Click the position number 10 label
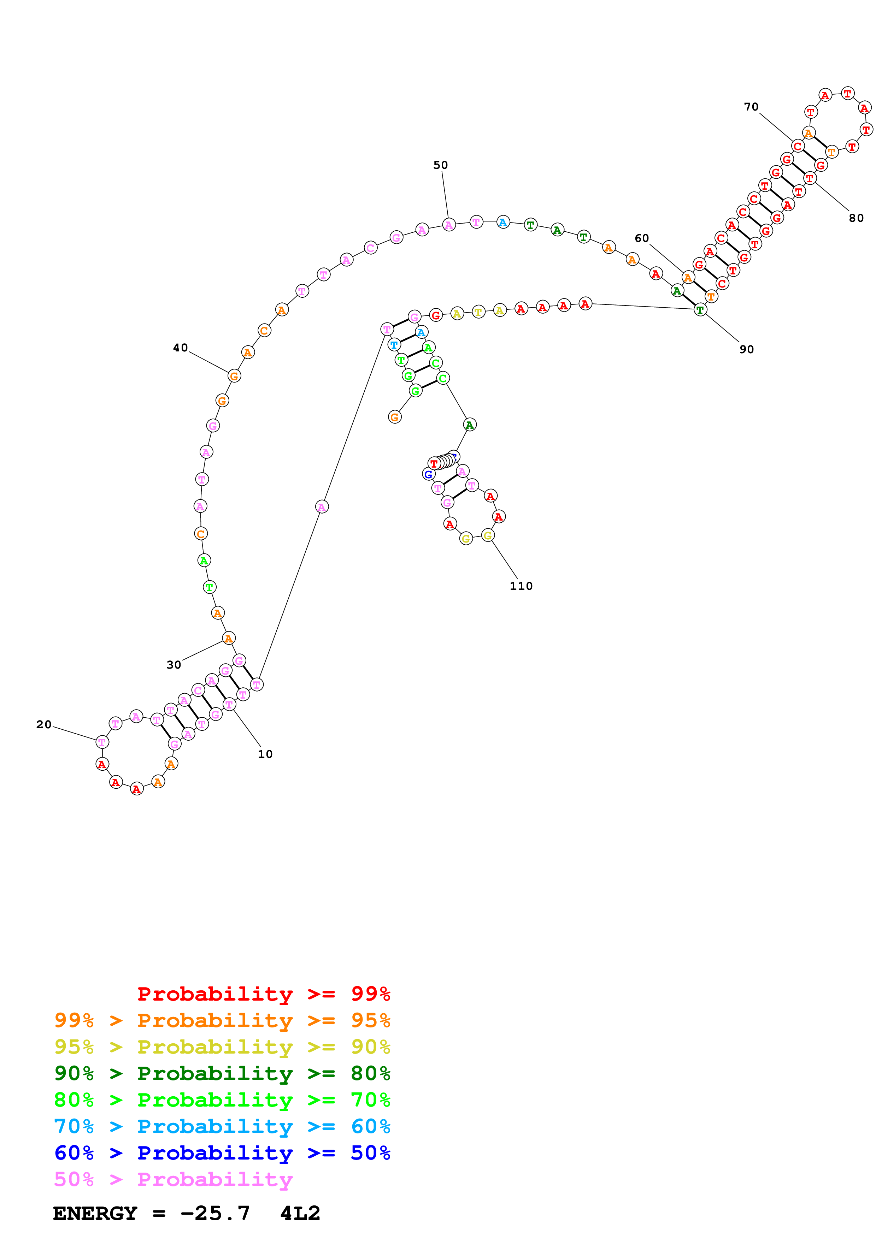(265, 754)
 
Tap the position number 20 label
(44, 724)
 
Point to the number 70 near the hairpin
(751, 107)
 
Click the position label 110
(521, 586)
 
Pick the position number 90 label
(746, 349)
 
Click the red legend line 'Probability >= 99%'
(263, 994)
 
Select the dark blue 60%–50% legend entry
(222, 1153)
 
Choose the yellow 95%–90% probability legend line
(222, 1047)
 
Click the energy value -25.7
(215, 1213)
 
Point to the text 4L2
(300, 1213)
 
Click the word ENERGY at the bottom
(95, 1213)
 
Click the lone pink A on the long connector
(322, 507)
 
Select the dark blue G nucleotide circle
(428, 474)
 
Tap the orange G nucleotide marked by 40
(234, 376)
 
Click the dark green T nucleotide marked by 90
(700, 310)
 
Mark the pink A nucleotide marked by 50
(448, 225)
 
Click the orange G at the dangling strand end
(395, 417)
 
